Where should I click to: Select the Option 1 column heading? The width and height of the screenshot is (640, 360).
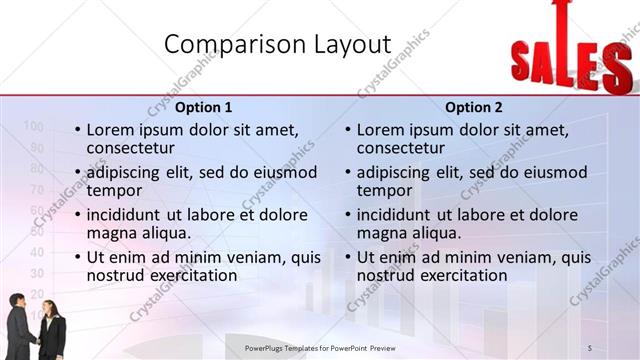point(203,107)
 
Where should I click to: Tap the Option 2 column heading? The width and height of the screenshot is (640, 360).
point(474,107)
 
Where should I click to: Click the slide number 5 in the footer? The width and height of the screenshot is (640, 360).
point(590,347)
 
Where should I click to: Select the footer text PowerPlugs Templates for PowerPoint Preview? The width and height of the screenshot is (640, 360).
point(328,347)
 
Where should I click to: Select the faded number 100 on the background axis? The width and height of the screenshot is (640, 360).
point(32,126)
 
